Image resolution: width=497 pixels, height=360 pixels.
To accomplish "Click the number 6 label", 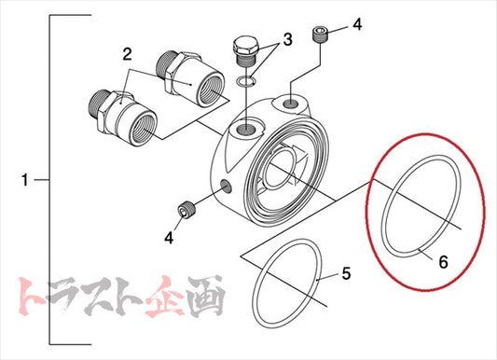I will click(x=442, y=263).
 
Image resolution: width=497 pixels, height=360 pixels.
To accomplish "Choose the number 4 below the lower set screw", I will click(x=169, y=238).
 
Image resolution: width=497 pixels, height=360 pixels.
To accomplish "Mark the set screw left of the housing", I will click(x=186, y=211).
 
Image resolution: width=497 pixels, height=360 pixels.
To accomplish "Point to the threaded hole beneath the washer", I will click(x=246, y=126).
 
